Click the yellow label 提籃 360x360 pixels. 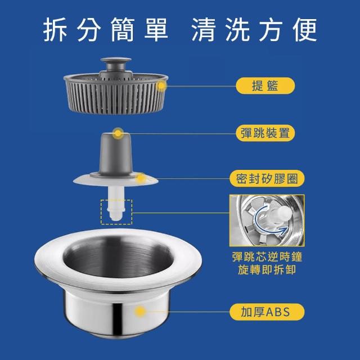tap(265, 85)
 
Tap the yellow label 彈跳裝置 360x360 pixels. tap(265, 133)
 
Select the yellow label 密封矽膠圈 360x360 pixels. tap(267, 179)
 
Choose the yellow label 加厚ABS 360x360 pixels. tap(267, 312)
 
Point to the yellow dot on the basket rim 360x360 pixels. tap(161, 86)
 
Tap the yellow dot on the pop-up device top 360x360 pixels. tap(118, 133)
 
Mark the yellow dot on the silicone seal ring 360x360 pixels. tap(141, 178)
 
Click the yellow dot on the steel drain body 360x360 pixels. tap(140, 312)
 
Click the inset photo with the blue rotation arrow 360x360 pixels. tap(267, 220)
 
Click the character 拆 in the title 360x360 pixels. tap(55, 30)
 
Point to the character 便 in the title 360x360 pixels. tap(305, 30)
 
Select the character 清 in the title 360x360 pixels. tap(204, 30)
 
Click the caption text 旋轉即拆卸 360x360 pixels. tap(267, 269)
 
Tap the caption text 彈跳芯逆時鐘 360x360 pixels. tap(267, 256)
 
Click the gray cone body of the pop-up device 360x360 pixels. tap(115, 154)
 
